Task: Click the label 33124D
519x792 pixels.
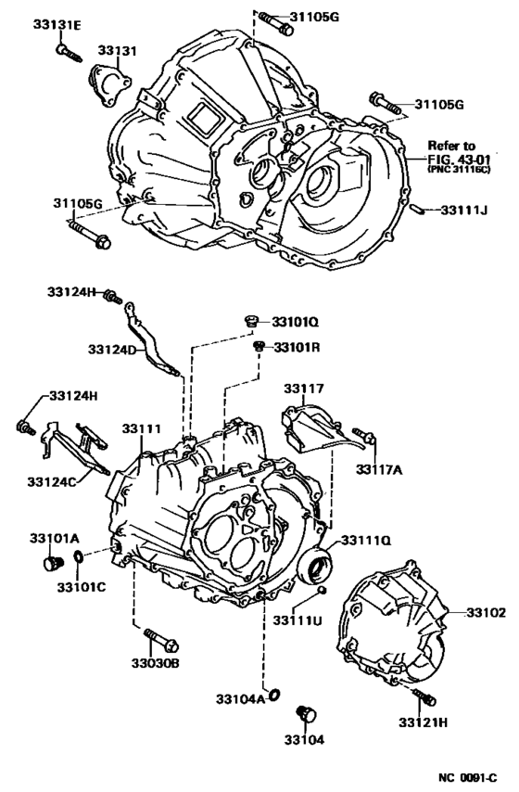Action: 113,350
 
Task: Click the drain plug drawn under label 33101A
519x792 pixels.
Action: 51,563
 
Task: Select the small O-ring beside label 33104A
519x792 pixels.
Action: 273,694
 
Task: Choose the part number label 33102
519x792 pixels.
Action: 486,613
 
